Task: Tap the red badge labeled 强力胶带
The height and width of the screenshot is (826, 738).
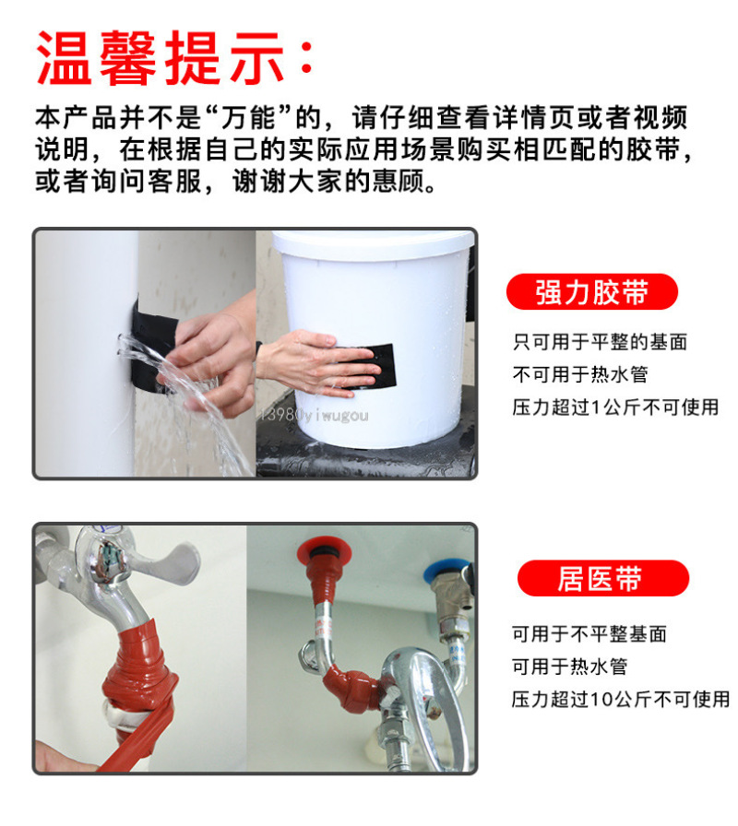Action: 592,292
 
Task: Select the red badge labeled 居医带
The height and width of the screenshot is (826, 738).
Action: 603,578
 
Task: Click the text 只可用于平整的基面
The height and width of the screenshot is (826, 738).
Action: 600,342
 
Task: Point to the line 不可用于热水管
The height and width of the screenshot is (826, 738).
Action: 580,374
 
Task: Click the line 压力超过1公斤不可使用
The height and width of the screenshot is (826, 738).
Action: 615,407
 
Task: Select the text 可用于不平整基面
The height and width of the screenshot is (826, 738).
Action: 589,633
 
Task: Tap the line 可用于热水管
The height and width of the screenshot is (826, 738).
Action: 570,667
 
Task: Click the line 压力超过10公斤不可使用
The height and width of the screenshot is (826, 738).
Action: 621,699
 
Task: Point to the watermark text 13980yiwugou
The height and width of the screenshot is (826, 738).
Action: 315,415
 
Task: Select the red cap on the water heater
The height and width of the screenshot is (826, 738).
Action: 324,551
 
